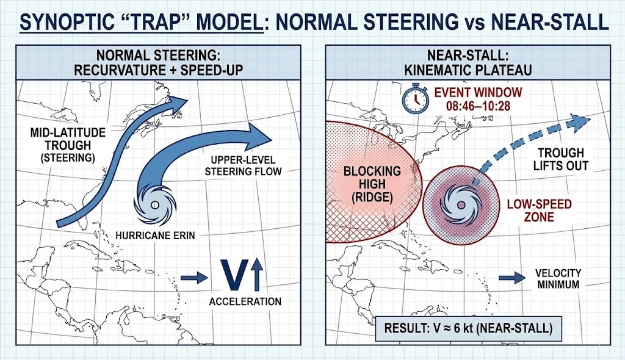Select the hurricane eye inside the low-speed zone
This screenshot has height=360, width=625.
(461, 204)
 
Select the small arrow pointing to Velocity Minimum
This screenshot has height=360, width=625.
(511, 278)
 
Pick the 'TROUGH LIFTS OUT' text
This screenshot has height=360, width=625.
(561, 159)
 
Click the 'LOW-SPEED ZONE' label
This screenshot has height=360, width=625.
(539, 210)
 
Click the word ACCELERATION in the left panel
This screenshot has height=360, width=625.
(245, 301)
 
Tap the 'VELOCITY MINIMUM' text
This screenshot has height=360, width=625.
(558, 278)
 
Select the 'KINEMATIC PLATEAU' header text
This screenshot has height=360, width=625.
(468, 70)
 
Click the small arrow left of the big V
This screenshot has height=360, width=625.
(195, 278)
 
